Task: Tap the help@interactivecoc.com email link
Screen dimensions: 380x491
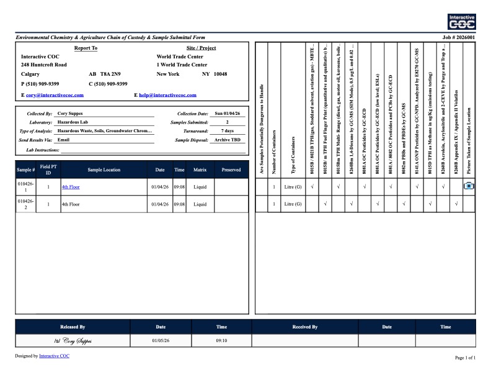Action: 167,95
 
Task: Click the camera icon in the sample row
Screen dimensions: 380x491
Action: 469,186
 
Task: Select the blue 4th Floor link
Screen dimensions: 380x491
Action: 71,186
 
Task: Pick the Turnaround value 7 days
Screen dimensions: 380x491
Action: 227,132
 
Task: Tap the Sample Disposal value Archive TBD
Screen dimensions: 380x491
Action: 227,140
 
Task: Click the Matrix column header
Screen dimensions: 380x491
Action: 200,170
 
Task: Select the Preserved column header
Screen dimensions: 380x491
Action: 231,170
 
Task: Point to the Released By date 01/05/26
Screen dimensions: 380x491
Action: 161,340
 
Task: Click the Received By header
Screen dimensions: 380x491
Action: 304,327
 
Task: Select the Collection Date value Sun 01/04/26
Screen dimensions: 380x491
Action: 227,114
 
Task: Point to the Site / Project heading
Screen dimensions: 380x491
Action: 201,48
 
